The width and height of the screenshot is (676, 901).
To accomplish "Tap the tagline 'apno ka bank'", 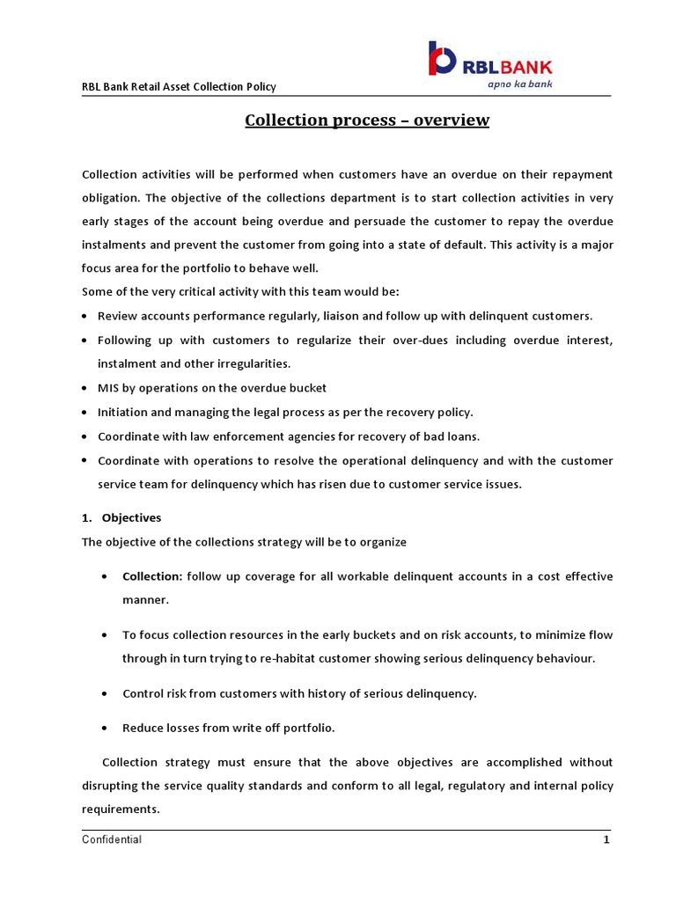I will (520, 84).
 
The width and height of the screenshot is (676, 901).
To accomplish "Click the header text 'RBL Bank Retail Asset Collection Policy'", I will (179, 86).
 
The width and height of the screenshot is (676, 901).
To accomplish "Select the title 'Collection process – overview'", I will (366, 120).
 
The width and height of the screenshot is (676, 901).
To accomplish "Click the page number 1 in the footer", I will (606, 839).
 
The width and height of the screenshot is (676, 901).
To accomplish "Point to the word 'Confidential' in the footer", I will (112, 839).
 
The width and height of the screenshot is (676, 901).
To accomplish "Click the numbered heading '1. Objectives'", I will (121, 517).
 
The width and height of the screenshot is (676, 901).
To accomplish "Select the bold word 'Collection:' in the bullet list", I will (152, 576).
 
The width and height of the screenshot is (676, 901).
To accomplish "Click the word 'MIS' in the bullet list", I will (108, 387).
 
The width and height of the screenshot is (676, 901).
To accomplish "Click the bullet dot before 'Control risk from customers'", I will (106, 694).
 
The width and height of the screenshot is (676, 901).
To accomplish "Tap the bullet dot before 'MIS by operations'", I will (84, 388).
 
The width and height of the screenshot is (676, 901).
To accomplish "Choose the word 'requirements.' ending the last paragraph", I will (121, 808).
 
